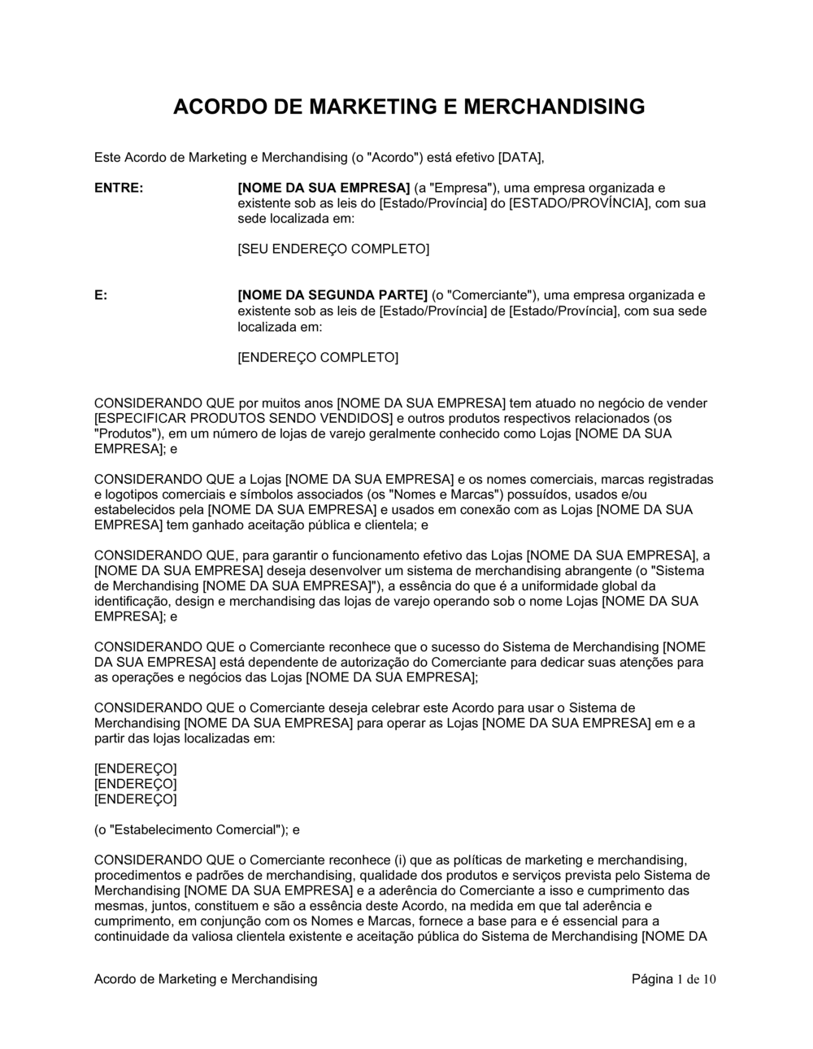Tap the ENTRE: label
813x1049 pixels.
click(x=119, y=188)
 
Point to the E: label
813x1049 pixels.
click(x=101, y=295)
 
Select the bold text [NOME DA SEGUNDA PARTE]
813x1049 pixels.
click(x=333, y=295)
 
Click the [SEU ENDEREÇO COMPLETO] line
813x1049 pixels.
click(x=333, y=249)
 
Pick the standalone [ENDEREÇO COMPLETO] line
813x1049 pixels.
click(x=318, y=357)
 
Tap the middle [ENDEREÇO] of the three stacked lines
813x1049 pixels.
click(x=135, y=784)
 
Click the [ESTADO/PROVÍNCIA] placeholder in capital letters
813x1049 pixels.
click(x=579, y=203)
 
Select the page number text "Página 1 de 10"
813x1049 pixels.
click(x=674, y=979)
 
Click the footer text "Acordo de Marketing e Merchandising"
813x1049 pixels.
click(x=206, y=979)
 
